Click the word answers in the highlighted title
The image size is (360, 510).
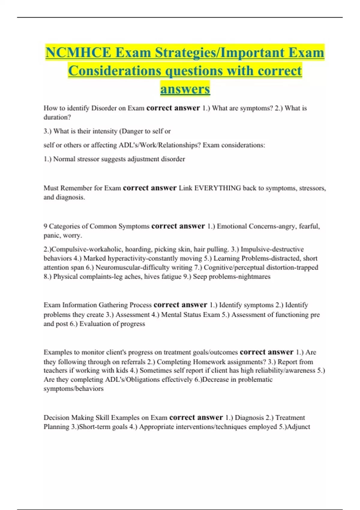[x=185, y=89]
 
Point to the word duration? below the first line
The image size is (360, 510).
[x=57, y=117]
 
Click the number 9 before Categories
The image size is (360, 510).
[x=45, y=226]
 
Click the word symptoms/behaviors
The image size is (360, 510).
[x=73, y=389]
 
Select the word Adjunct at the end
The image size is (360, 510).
[x=298, y=427]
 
